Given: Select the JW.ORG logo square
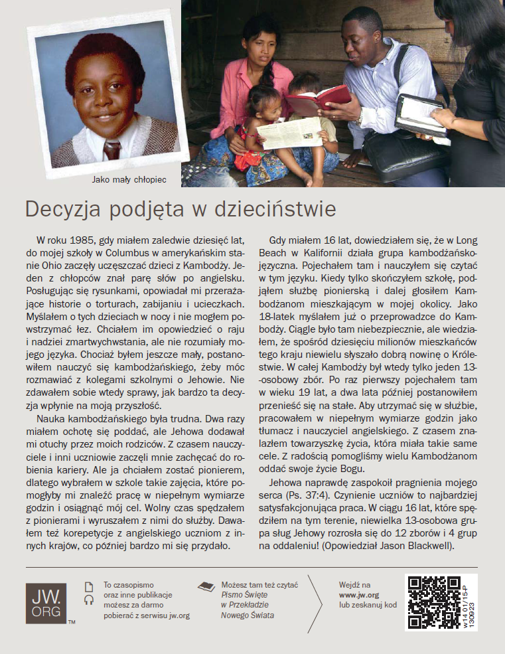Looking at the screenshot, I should [46, 604].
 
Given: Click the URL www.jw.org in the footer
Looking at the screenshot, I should [358, 595].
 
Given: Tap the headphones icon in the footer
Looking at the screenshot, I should [89, 600].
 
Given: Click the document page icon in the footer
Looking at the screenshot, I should [89, 586].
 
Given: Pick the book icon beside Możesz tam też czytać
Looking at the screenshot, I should [206, 586].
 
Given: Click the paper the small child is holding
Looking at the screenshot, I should [289, 133].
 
